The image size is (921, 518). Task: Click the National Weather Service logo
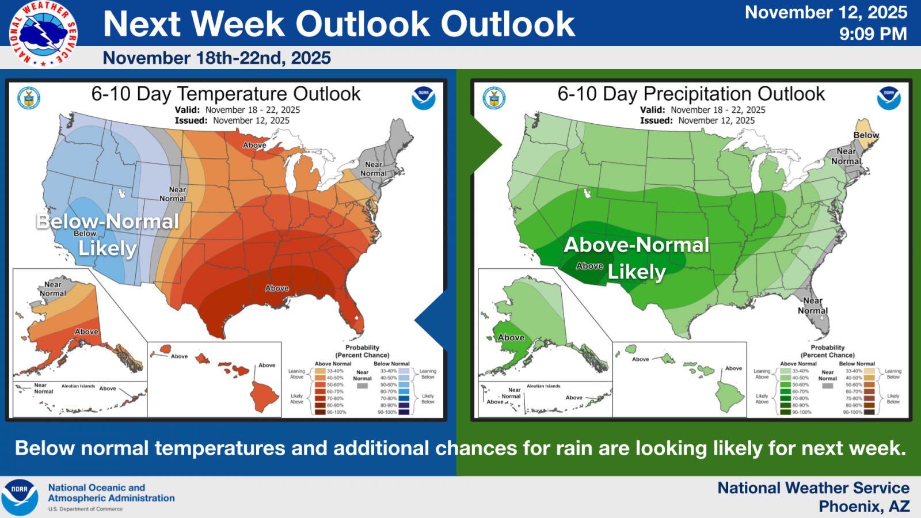[43, 33]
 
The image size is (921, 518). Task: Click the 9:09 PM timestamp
[873, 34]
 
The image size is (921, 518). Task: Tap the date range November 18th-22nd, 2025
[216, 58]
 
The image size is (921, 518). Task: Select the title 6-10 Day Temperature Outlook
[226, 94]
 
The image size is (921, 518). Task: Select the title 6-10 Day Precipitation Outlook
[691, 94]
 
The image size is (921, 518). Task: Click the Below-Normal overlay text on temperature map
[108, 221]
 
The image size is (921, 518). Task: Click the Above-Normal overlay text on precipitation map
[636, 245]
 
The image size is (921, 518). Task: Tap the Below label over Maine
[866, 135]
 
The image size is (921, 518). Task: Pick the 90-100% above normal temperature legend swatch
[320, 412]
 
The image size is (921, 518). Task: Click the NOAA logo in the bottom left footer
[19, 497]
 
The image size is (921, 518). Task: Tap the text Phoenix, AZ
[864, 506]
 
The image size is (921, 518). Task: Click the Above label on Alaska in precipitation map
[511, 337]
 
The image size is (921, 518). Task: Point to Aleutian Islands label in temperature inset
[78, 386]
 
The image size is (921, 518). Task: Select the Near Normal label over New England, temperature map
[374, 169]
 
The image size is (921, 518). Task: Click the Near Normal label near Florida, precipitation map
[812, 306]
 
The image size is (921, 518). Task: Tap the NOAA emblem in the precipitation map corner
[888, 98]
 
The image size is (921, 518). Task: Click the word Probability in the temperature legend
[362, 348]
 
